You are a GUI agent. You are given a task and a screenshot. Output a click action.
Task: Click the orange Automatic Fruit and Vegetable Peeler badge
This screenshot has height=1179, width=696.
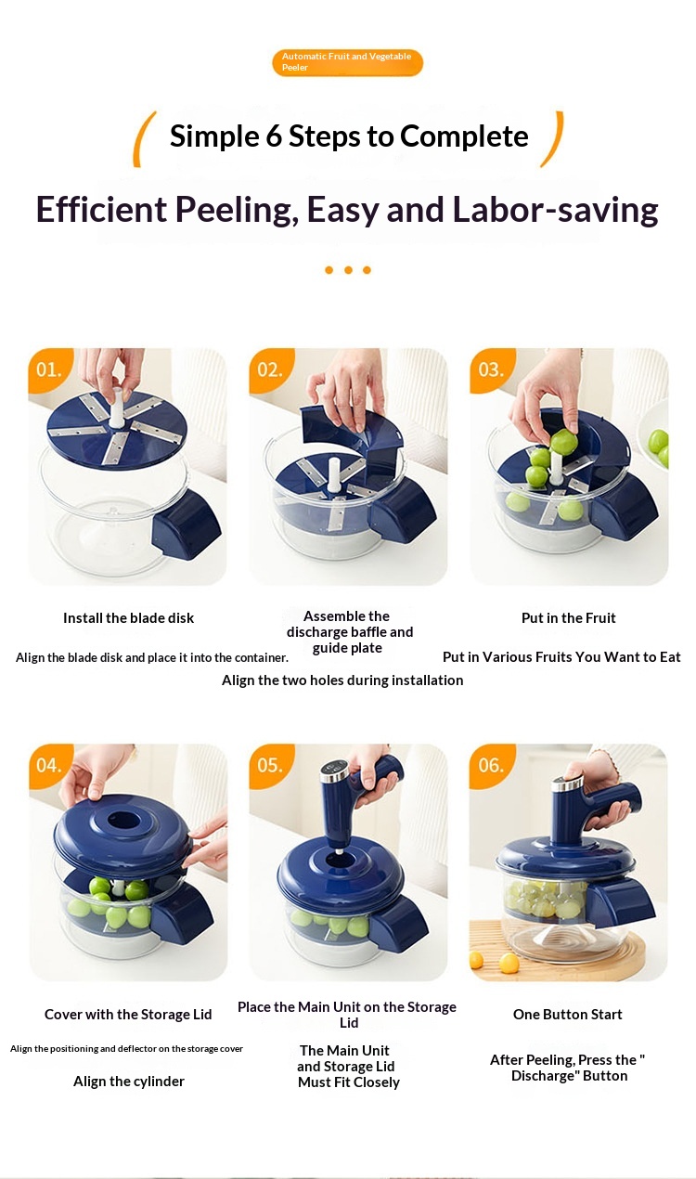(347, 62)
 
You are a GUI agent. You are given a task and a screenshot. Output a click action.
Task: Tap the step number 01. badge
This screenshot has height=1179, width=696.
(48, 369)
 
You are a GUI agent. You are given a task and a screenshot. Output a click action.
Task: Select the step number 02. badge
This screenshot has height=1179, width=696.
(269, 369)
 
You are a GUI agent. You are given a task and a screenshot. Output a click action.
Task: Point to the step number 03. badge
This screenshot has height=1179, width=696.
(490, 369)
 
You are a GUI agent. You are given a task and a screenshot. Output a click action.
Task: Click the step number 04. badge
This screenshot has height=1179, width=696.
(48, 765)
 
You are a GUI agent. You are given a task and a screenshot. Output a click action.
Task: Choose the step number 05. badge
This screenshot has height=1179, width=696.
(269, 765)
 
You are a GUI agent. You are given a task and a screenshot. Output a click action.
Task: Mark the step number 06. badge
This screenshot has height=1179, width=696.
(490, 765)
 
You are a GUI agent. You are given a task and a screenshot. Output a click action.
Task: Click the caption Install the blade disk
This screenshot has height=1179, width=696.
(128, 618)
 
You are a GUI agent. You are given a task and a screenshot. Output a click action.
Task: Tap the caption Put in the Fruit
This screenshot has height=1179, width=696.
(568, 618)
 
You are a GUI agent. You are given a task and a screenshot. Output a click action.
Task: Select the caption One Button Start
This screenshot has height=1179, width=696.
(568, 1015)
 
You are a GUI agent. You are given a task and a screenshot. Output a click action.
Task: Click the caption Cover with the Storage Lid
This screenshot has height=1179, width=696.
(128, 1015)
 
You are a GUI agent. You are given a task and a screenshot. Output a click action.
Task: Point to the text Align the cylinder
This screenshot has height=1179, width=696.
(129, 1082)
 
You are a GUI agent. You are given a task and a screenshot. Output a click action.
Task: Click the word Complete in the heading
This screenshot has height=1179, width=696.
(464, 136)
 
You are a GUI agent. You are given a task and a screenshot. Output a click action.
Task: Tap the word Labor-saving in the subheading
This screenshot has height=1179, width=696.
(555, 209)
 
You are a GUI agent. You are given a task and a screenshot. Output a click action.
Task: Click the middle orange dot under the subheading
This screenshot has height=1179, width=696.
(348, 270)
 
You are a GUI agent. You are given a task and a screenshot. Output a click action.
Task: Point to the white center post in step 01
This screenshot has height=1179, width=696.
(116, 408)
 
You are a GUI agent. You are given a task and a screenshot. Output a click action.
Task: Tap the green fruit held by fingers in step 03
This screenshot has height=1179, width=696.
(564, 442)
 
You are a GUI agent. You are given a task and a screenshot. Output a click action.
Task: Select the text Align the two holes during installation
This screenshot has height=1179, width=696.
(342, 680)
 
